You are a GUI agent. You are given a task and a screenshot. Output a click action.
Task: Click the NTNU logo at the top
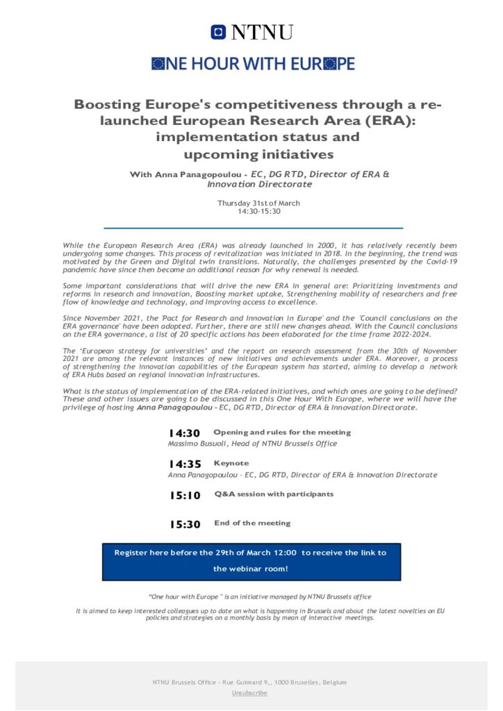(x=251, y=32)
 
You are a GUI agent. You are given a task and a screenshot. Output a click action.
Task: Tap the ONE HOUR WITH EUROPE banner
(x=253, y=64)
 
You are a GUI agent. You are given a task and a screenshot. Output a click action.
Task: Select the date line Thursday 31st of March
(x=258, y=203)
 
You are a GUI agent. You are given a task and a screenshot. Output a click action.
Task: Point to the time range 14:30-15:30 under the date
(x=258, y=211)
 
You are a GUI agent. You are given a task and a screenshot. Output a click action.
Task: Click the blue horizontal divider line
(x=253, y=228)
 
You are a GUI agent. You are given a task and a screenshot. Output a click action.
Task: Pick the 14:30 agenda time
(x=184, y=433)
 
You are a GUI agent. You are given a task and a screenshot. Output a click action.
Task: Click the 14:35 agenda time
(x=184, y=464)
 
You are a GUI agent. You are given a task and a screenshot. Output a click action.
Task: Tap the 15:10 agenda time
(x=184, y=495)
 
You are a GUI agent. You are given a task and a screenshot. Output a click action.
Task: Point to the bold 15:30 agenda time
(x=184, y=524)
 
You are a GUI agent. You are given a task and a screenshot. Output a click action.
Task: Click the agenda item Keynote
(x=231, y=462)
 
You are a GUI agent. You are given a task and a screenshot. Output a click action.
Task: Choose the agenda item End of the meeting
(x=252, y=523)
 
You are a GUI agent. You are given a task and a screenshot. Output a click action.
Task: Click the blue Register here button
(x=251, y=561)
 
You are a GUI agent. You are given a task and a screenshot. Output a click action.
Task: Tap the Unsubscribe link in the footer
(x=249, y=693)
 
